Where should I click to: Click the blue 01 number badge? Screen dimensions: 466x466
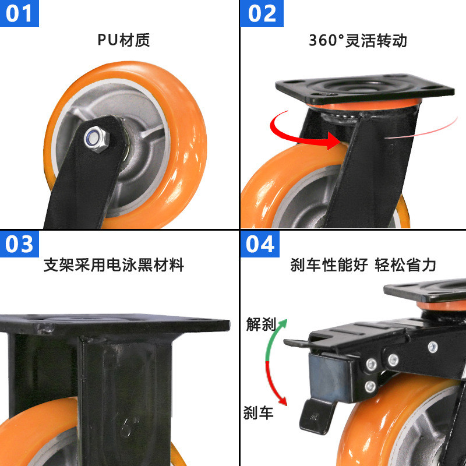19,13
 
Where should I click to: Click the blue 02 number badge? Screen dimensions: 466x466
262,13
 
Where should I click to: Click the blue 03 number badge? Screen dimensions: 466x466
19,243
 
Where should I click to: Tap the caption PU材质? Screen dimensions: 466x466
123,40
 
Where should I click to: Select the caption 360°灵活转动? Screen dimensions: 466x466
357,40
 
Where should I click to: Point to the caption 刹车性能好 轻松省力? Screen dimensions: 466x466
363,265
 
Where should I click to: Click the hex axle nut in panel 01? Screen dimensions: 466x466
93,137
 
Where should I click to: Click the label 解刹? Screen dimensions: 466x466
260,324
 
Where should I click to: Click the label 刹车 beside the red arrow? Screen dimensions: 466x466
258,413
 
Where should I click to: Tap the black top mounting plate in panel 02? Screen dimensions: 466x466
365,88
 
